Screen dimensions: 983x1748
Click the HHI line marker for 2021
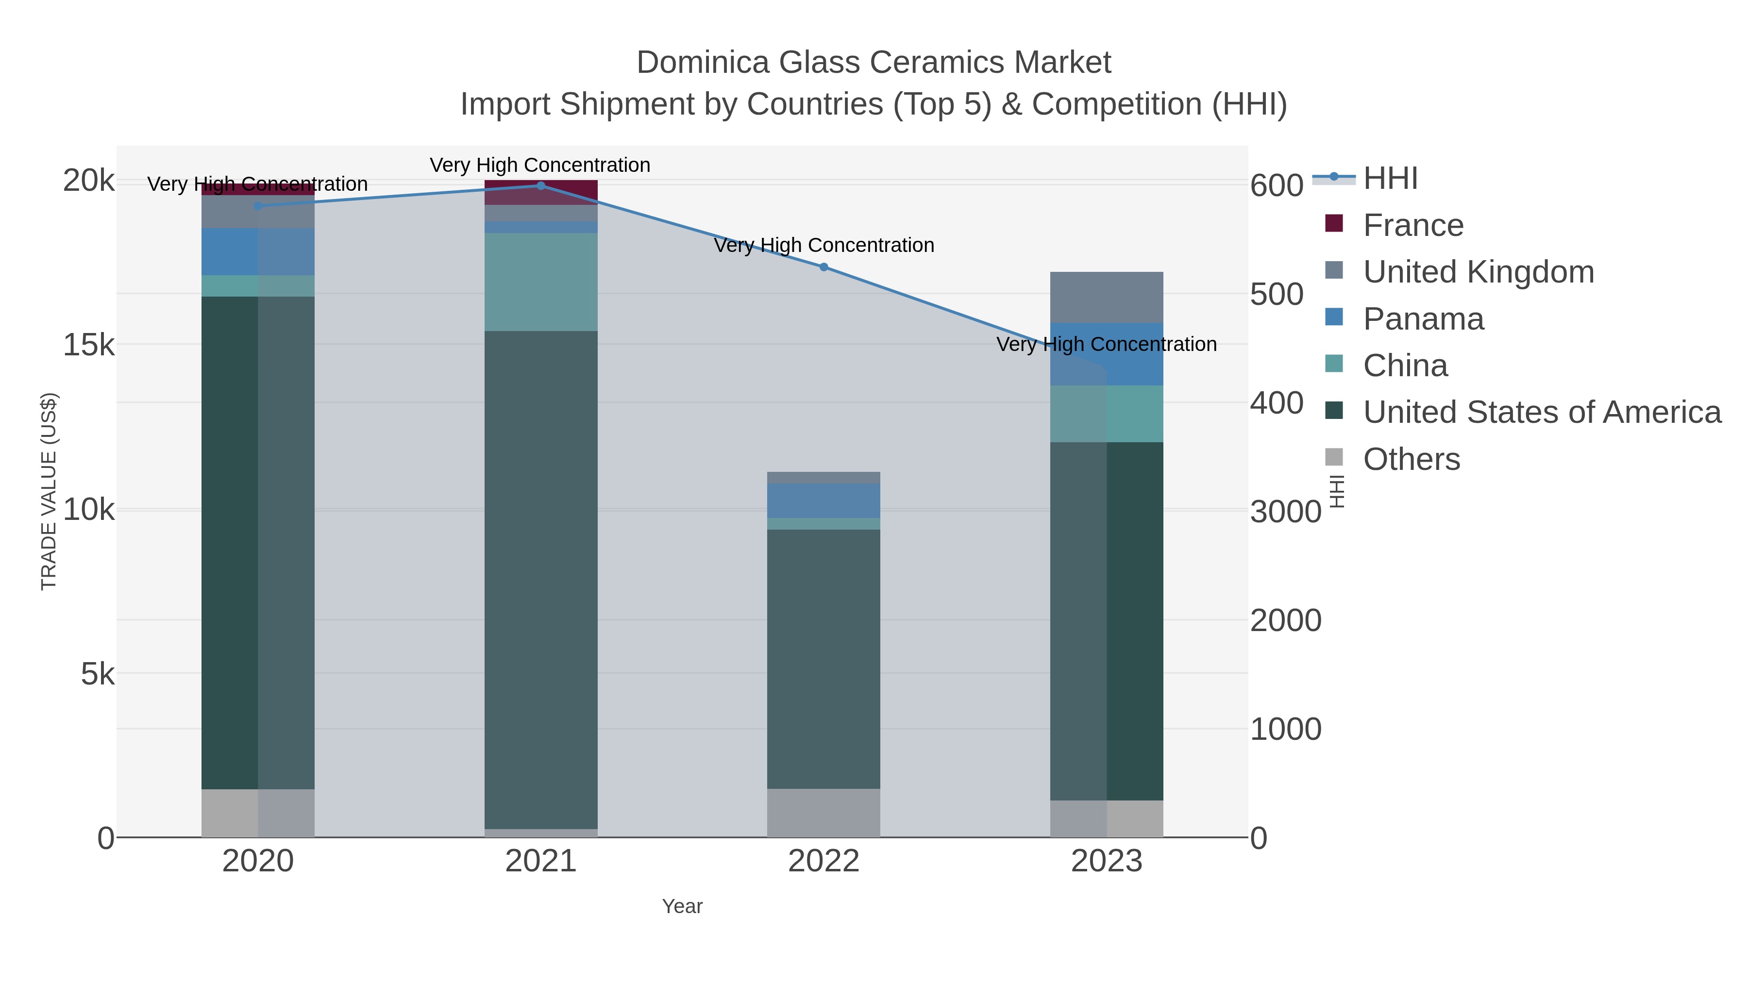(541, 185)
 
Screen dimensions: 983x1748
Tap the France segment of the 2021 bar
(541, 192)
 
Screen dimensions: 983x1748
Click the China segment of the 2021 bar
(541, 282)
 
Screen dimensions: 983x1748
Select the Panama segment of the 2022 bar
(824, 500)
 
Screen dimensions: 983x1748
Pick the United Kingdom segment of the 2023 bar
(1107, 297)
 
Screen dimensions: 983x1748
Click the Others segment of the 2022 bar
(824, 812)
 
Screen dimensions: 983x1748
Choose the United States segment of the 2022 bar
(824, 658)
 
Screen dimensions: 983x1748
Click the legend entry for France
(1413, 225)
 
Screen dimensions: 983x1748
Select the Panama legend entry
(1423, 319)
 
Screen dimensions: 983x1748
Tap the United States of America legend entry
(1541, 412)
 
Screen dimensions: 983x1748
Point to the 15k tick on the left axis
(89, 345)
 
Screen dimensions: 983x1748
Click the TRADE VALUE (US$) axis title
(49, 491)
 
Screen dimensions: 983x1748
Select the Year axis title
(682, 906)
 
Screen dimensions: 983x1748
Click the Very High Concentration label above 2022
(824, 245)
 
